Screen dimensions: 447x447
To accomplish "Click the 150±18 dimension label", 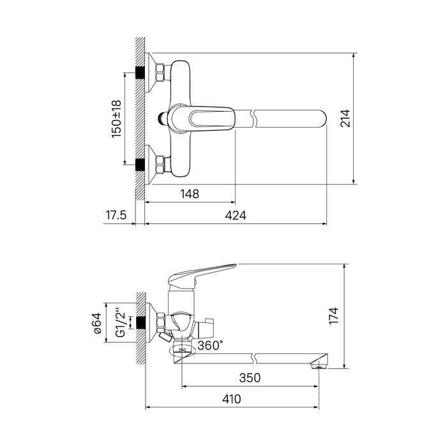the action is (x=116, y=119).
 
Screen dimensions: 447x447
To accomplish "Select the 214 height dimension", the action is (x=345, y=118).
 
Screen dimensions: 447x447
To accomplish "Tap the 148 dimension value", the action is (x=190, y=194).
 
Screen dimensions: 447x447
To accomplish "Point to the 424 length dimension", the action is (x=236, y=215).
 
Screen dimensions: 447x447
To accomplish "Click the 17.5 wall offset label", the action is (x=116, y=215).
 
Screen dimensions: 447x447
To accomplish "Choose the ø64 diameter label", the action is (x=97, y=323).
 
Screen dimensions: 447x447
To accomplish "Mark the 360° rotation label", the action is (x=210, y=345).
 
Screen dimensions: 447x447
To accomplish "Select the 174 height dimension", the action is (x=333, y=315).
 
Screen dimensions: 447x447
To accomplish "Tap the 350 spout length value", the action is (x=250, y=378).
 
